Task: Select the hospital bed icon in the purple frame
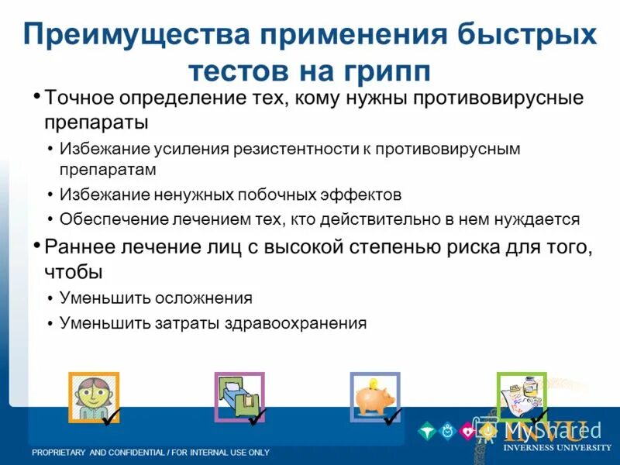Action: pos(239,396)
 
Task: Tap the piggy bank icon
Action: pos(374,396)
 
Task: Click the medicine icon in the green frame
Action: pos(521,396)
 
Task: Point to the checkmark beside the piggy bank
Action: pos(393,417)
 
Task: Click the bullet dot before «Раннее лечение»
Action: pos(37,246)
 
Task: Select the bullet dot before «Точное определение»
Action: pos(37,98)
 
